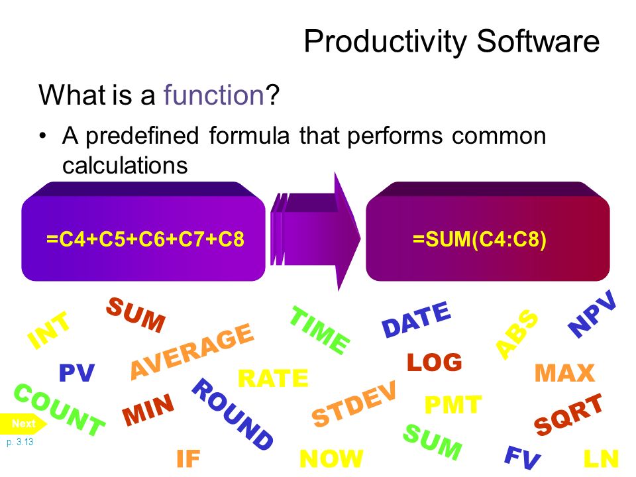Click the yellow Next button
(x=23, y=423)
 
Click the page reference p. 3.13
(x=20, y=442)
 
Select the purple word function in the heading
(x=214, y=95)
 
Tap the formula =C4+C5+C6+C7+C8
(x=145, y=238)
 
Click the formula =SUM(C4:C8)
(x=480, y=238)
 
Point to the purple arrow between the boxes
(x=315, y=231)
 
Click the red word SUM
(x=136, y=315)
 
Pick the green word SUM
(x=433, y=442)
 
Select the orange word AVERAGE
(x=192, y=351)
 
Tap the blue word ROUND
(x=233, y=414)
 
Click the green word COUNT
(x=59, y=409)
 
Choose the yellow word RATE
(x=273, y=378)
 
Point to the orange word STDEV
(x=354, y=403)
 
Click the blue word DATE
(x=417, y=319)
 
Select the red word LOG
(x=435, y=362)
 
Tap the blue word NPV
(x=592, y=313)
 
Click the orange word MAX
(x=564, y=373)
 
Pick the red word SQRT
(x=568, y=414)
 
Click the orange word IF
(x=188, y=458)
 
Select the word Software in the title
(x=538, y=41)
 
